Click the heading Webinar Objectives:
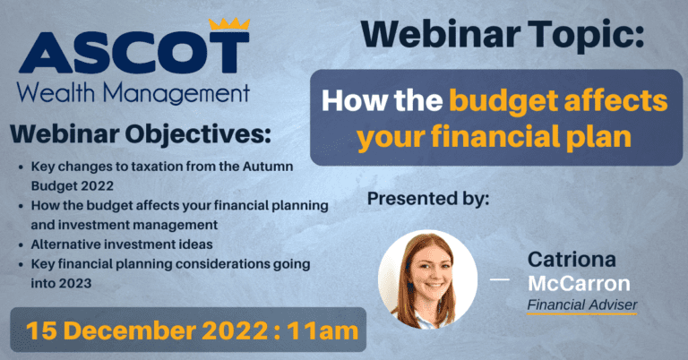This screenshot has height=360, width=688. [140, 134]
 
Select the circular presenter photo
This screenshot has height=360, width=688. [428, 279]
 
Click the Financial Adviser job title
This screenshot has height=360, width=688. [581, 305]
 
